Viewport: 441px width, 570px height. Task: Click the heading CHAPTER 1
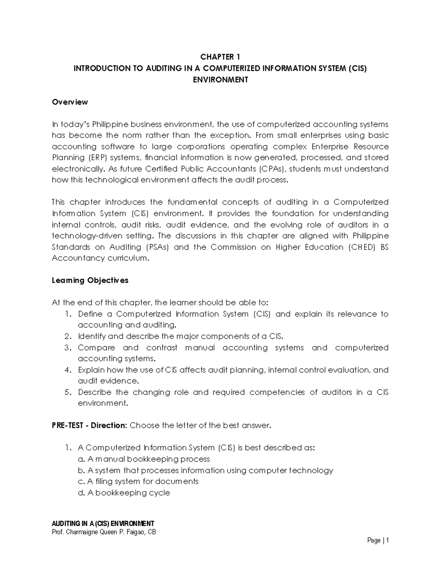point(220,57)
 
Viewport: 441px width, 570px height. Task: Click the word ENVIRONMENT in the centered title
point(220,80)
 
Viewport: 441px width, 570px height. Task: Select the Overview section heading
point(70,102)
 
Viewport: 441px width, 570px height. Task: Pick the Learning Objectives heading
point(90,280)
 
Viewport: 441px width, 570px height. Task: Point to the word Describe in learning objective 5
point(94,392)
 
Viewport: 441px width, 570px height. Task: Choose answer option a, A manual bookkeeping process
point(144,459)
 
